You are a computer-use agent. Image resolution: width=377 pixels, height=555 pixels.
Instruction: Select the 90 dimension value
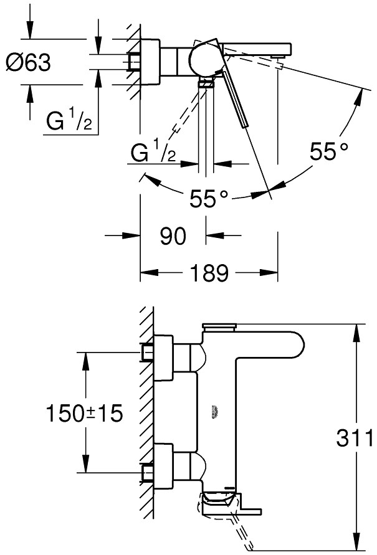click(173, 236)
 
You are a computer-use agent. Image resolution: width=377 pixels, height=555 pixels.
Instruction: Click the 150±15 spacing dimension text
click(85, 412)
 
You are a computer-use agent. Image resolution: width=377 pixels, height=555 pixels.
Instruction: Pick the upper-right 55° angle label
click(330, 151)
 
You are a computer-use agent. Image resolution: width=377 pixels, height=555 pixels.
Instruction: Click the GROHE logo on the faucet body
click(216, 409)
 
